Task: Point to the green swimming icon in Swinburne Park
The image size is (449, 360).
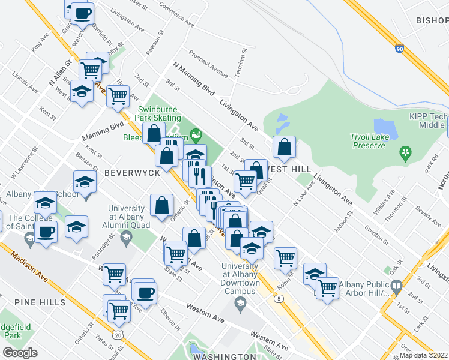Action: (195, 133)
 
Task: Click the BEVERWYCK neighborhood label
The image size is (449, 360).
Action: (131, 172)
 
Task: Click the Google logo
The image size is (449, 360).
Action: (20, 352)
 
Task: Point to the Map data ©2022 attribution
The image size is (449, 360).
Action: (424, 355)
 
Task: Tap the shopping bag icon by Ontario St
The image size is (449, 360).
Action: (161, 205)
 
